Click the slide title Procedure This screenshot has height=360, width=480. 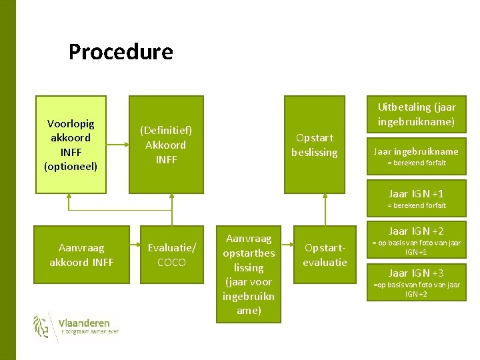point(121,52)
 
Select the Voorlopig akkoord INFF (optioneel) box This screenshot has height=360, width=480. point(71,144)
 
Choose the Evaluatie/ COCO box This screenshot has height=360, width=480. point(172,255)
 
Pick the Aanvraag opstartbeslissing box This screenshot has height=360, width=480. point(249,274)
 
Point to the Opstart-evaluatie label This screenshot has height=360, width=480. point(325,255)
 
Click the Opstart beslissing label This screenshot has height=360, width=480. point(314,145)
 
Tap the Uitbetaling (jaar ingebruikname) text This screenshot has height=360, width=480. point(417,114)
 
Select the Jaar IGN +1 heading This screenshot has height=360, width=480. point(416,193)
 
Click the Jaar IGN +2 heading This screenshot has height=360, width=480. point(416,231)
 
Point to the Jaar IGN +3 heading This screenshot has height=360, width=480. point(416,273)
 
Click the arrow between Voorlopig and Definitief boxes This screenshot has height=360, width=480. point(117,144)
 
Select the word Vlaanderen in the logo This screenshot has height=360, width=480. point(84,323)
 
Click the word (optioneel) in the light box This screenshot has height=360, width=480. point(71,166)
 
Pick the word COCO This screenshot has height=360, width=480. point(172,262)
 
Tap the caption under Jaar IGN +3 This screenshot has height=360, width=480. point(417,289)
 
